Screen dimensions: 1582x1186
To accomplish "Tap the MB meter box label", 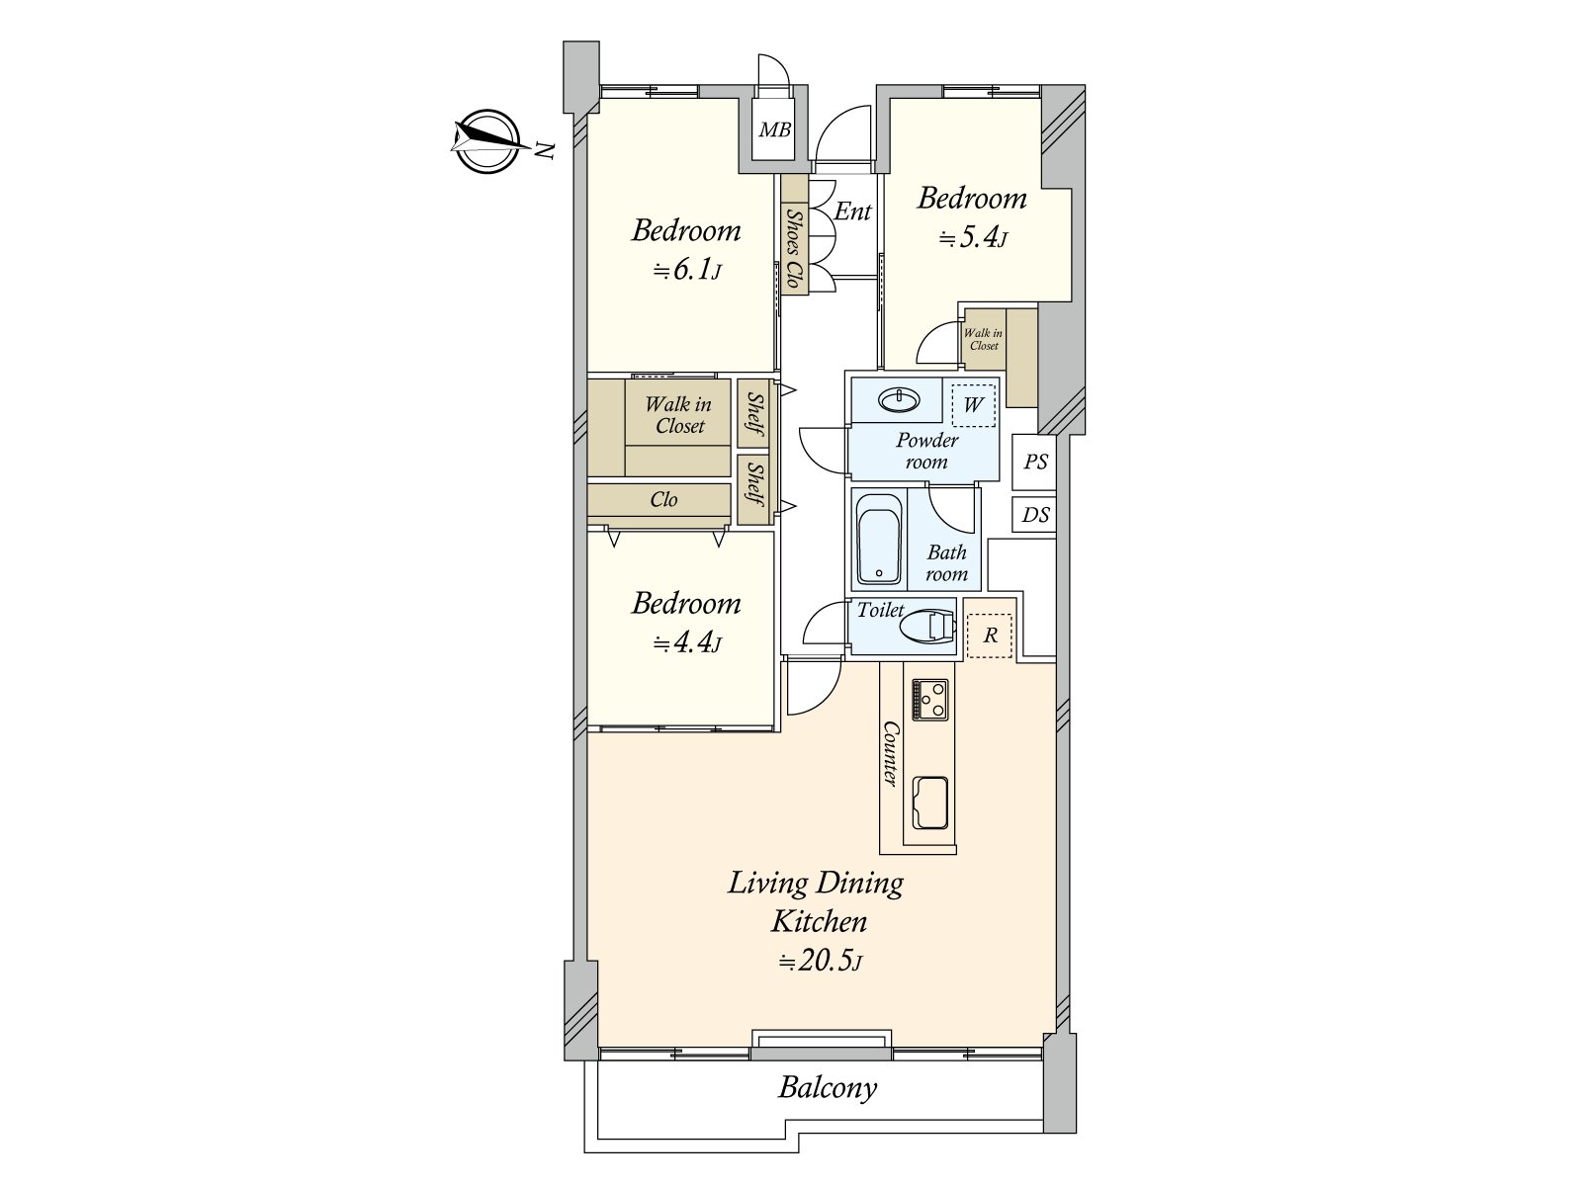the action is point(775,129).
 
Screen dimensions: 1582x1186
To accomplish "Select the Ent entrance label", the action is point(852,211).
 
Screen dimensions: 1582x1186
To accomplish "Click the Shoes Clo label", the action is point(794,248).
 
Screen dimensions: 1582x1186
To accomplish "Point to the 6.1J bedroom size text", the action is point(687,271).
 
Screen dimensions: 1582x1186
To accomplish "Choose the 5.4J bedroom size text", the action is point(972,237).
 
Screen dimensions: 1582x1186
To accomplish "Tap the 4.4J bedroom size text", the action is point(687,642).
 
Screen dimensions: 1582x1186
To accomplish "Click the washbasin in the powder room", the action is point(900,399).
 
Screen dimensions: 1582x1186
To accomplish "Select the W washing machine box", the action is point(973,405).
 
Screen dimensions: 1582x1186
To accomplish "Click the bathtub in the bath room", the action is point(879,539).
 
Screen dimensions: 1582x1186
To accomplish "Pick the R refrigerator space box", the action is point(990,635).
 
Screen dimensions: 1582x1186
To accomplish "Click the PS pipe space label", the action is point(1035,462).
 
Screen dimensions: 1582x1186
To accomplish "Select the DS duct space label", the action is point(1035,515).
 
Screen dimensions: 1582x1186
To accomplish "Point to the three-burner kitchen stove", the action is point(929,699).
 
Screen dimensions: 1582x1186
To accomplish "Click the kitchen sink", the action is point(929,803).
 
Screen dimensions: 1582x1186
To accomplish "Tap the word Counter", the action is point(889,753).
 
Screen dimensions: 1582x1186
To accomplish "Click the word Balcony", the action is point(828,1087).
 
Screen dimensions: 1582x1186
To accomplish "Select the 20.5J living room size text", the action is point(821,962).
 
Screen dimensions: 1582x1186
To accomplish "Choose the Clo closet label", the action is point(663,499).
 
